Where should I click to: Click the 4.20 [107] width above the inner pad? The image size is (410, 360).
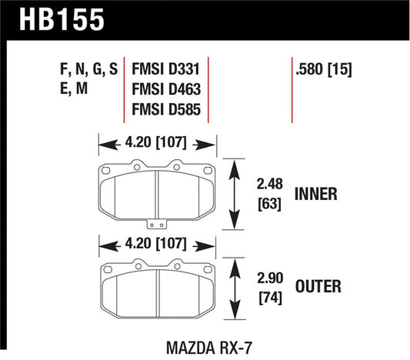[156, 142]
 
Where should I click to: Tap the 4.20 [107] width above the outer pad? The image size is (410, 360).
[156, 245]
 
